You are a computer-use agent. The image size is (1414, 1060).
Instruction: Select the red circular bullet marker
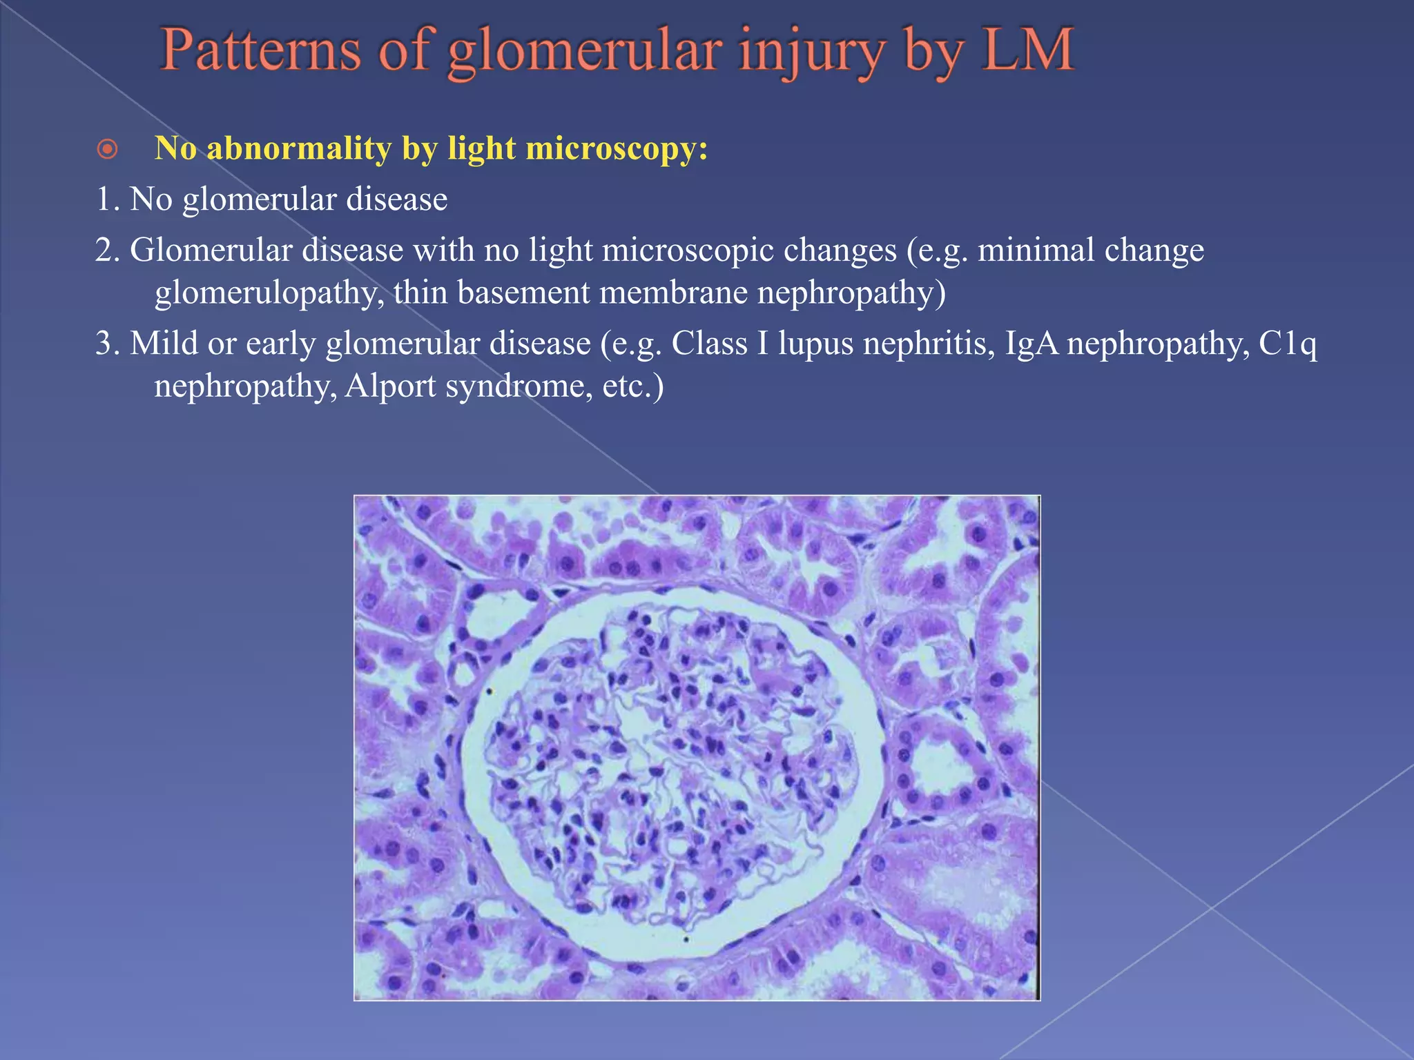pos(107,149)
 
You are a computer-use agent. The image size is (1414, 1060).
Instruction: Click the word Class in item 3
pos(709,344)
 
